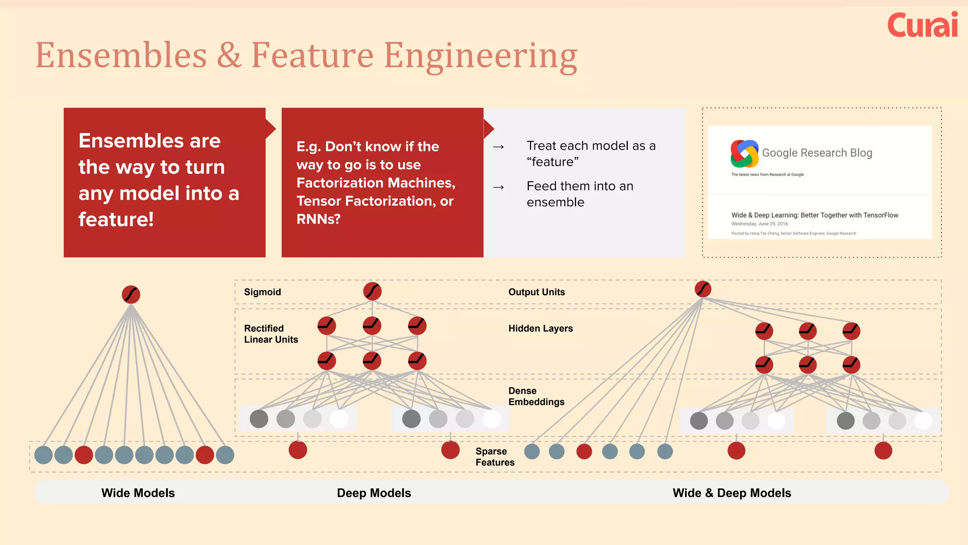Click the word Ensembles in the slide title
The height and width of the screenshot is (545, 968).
point(121,55)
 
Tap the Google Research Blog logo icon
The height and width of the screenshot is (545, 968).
point(744,154)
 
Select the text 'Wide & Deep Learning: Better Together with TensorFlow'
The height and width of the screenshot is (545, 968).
point(814,215)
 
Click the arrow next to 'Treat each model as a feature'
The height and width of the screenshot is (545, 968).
point(498,147)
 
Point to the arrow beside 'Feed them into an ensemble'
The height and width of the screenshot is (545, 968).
point(498,188)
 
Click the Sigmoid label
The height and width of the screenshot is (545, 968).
point(262,292)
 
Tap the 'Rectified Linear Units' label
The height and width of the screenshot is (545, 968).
point(271,334)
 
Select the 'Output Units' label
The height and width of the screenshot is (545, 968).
point(536,292)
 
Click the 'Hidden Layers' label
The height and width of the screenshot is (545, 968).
point(540,328)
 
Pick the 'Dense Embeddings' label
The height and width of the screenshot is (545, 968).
point(536,396)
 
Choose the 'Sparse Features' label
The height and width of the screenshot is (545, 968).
point(494,457)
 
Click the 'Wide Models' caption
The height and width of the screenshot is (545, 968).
point(138,493)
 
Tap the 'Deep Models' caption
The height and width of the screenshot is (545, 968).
point(374,493)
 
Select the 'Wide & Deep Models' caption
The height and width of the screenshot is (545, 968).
point(732,493)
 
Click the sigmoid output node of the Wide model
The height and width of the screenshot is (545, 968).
point(131,294)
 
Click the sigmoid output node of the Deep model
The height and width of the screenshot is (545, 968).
point(372,291)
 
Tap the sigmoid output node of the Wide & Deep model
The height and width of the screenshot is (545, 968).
point(703,289)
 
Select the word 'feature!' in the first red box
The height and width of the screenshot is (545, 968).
point(116,220)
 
